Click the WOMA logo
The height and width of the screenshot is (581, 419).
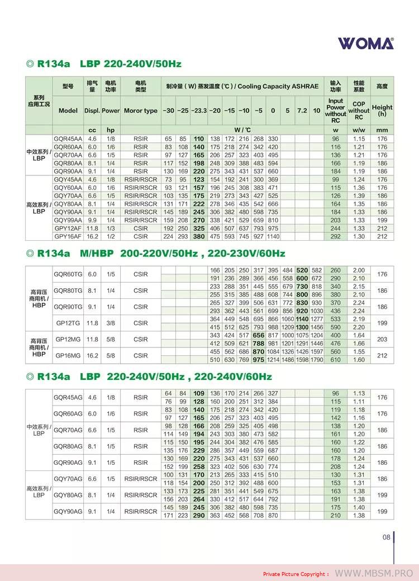tap(365, 44)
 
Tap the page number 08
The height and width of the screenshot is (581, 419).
tap(386, 537)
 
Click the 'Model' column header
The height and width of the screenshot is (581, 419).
tap(68, 111)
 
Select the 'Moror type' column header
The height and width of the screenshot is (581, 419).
tap(141, 111)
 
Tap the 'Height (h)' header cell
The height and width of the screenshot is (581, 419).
tap(382, 111)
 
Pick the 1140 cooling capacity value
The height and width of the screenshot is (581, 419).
tap(273, 236)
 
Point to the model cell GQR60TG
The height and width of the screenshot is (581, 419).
tap(68, 274)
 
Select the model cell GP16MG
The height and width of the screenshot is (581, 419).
tap(68, 355)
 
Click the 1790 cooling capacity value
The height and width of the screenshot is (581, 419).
tap(317, 360)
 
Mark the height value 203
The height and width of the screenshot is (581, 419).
tap(382, 339)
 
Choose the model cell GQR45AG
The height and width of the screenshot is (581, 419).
tap(68, 398)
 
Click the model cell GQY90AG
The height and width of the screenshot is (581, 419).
tap(68, 511)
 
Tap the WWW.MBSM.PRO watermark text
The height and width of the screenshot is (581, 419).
tap(374, 573)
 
